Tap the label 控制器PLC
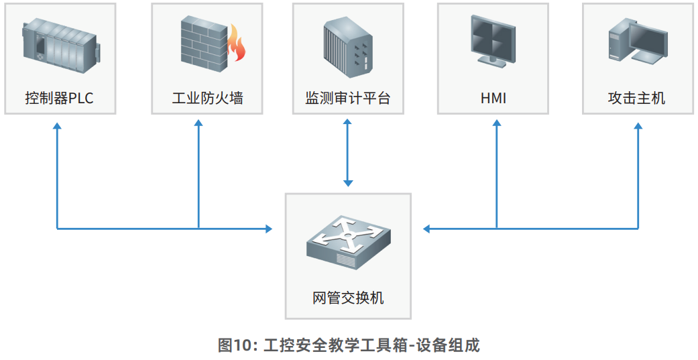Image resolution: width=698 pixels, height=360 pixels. [59, 99]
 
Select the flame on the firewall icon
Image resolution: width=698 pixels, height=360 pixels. [237, 45]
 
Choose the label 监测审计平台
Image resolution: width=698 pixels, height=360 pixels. [347, 99]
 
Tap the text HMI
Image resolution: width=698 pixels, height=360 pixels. [493, 99]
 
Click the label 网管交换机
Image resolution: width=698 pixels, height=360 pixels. [348, 298]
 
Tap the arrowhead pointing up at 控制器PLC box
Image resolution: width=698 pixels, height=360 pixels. [57, 125]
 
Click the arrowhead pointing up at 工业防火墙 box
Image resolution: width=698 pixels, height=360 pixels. [198, 125]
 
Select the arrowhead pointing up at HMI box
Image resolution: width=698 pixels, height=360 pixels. [497, 125]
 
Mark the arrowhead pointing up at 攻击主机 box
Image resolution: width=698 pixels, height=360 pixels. [638, 125]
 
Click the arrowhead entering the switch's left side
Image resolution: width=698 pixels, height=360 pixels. [269, 229]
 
